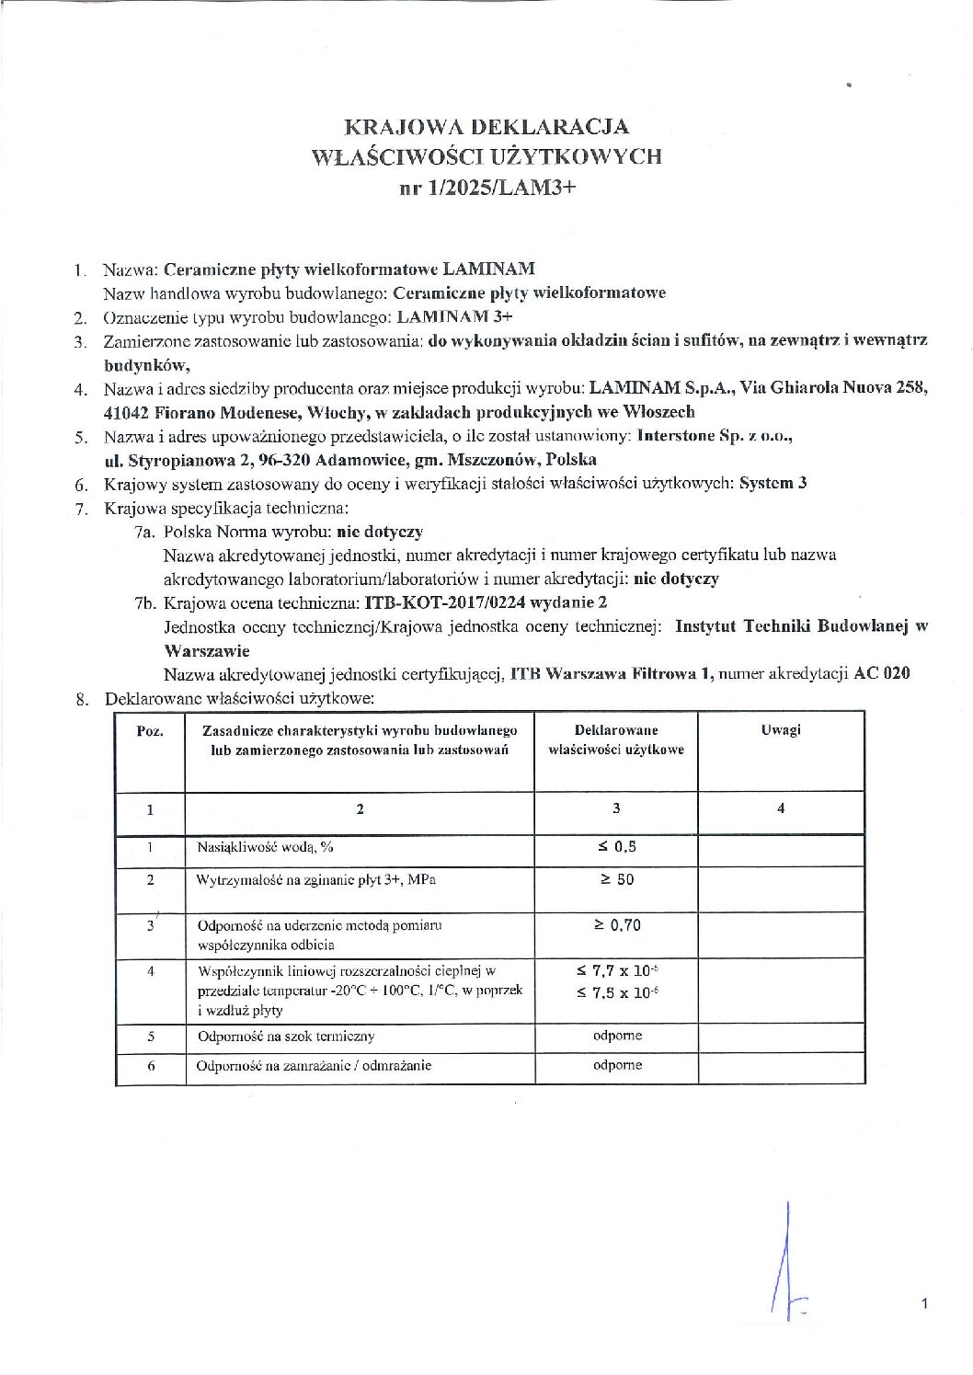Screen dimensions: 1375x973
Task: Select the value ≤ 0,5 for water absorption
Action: (616, 846)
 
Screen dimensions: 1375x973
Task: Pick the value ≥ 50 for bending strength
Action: (616, 879)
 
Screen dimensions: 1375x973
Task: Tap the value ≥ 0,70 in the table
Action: (616, 925)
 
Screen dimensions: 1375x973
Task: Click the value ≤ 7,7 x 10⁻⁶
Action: (616, 970)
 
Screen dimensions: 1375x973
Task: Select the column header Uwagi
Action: (781, 729)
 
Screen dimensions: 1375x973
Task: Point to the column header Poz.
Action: (150, 731)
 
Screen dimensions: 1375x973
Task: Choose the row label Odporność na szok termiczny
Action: (286, 1037)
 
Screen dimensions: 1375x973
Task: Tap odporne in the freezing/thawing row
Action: (617, 1065)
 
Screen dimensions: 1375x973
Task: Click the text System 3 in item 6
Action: (773, 483)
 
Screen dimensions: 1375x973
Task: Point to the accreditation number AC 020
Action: (882, 673)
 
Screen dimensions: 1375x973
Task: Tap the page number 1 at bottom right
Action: (924, 1303)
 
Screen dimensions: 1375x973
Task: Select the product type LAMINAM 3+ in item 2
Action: (454, 317)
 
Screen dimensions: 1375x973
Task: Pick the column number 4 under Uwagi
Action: (781, 808)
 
